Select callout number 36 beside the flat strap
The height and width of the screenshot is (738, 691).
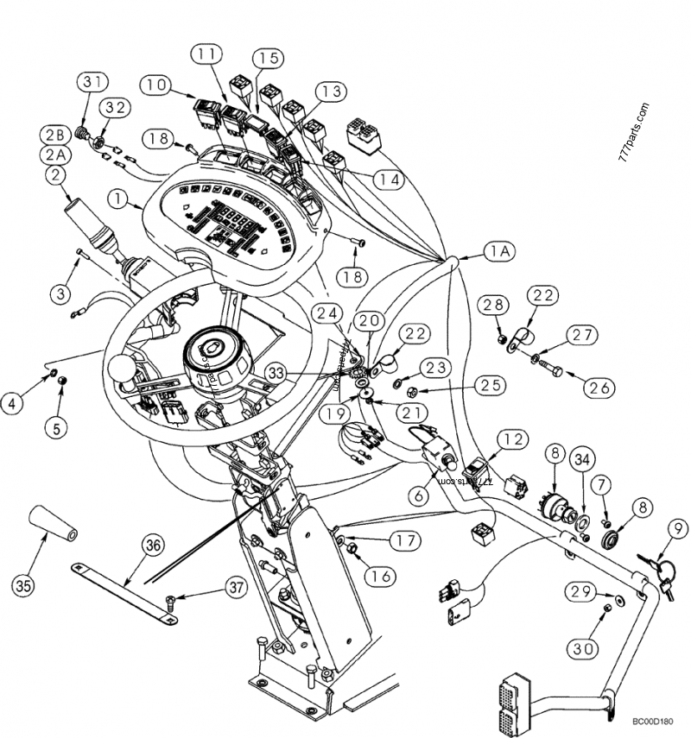point(153,546)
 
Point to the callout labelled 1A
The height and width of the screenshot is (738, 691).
point(498,252)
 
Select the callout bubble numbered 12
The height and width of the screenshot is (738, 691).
point(511,439)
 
